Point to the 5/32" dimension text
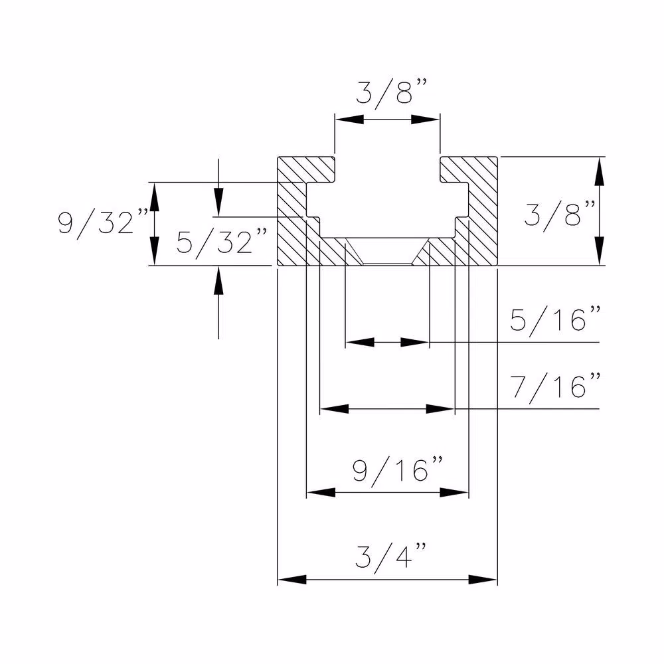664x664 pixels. coord(221,242)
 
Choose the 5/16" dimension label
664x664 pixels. coord(556,321)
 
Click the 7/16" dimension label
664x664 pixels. coord(556,386)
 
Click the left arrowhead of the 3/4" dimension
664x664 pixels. coord(291,580)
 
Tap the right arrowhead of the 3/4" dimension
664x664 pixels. coord(483,580)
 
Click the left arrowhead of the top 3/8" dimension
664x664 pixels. coord(349,120)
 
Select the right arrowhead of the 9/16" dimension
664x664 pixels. coord(455,493)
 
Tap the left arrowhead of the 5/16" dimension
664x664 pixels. coord(359,343)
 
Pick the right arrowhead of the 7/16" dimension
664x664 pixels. coord(440,409)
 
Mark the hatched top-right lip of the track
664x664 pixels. coord(469,170)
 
